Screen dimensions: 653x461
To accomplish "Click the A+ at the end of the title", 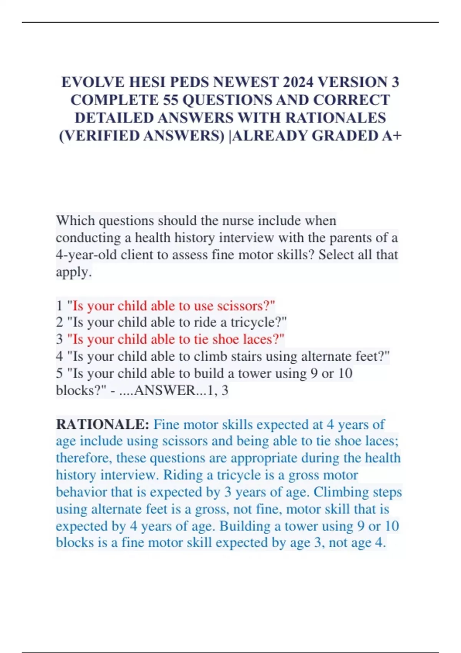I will pyautogui.click(x=392, y=136).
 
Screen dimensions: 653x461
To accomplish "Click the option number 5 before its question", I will pyautogui.click(x=59, y=373).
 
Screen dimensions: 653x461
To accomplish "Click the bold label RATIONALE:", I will pyautogui.click(x=103, y=424).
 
